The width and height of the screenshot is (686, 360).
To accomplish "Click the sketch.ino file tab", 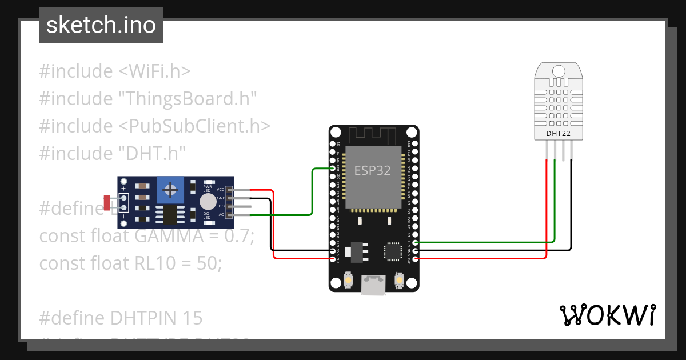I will tap(101, 25).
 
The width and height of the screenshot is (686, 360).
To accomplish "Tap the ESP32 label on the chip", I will tap(373, 170).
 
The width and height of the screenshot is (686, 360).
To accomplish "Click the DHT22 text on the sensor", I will tap(559, 134).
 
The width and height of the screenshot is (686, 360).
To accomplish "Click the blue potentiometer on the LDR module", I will tap(170, 189).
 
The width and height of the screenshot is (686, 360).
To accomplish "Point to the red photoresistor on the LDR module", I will tap(107, 202).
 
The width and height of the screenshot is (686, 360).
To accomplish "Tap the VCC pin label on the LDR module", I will tap(220, 189).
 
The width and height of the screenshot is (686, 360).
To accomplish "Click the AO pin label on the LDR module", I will tap(221, 215).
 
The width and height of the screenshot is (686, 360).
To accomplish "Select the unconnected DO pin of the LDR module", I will tap(240, 206).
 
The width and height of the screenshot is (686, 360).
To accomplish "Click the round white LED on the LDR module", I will tap(208, 202).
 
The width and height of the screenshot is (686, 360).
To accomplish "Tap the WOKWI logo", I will tap(607, 315).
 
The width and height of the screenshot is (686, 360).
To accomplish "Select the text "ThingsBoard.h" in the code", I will tap(186, 99).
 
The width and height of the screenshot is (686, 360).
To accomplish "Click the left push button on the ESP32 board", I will tap(347, 281).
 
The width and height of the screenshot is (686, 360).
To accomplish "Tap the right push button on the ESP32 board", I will tap(399, 281).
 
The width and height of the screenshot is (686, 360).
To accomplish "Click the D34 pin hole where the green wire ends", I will tap(333, 169).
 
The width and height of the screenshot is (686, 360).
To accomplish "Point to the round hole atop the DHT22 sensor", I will tap(559, 71).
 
